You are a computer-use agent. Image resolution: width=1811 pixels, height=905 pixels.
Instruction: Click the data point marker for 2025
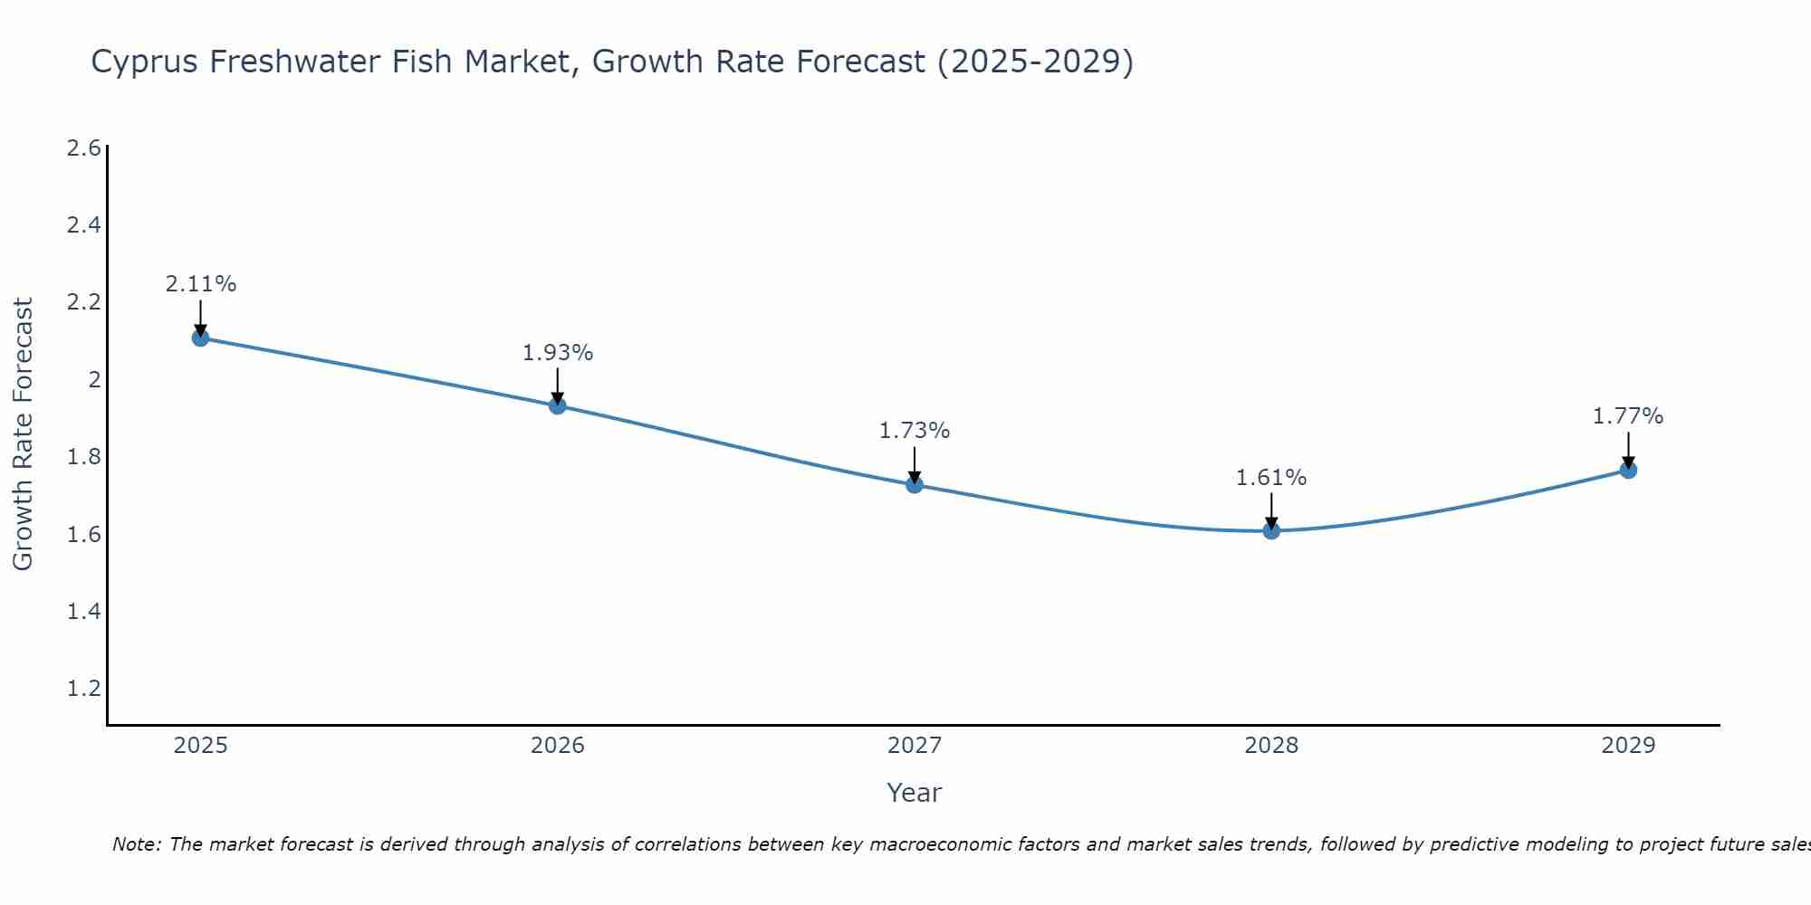[200, 338]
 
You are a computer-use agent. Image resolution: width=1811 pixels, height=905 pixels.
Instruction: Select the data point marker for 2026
[558, 405]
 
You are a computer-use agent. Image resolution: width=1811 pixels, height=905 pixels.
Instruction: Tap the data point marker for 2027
[915, 484]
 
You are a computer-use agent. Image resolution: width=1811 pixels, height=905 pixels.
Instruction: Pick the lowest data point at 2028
[1271, 530]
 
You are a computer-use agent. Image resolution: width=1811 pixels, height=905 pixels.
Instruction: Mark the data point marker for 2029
[1628, 470]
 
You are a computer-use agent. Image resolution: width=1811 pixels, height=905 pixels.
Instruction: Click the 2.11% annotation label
[200, 284]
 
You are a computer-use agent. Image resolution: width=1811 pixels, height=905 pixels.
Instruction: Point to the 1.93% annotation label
[558, 353]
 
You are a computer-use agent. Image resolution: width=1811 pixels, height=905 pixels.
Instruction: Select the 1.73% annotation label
[915, 431]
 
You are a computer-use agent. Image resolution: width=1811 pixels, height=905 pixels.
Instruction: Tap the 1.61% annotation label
[1271, 478]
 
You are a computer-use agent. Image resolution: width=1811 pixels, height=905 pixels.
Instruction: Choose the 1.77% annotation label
[1628, 416]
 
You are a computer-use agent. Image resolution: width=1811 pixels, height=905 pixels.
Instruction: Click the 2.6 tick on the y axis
[83, 148]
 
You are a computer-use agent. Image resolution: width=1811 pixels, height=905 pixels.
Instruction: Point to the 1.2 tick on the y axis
[83, 689]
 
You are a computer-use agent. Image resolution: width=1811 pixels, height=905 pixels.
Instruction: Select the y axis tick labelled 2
[93, 380]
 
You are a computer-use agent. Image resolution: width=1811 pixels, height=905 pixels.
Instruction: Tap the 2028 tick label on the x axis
[1271, 746]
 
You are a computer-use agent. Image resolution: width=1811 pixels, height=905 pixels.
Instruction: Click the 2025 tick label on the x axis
[200, 746]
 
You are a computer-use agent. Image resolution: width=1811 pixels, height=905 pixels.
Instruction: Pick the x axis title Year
[915, 793]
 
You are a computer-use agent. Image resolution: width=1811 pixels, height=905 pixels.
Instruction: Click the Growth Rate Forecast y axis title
[23, 434]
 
